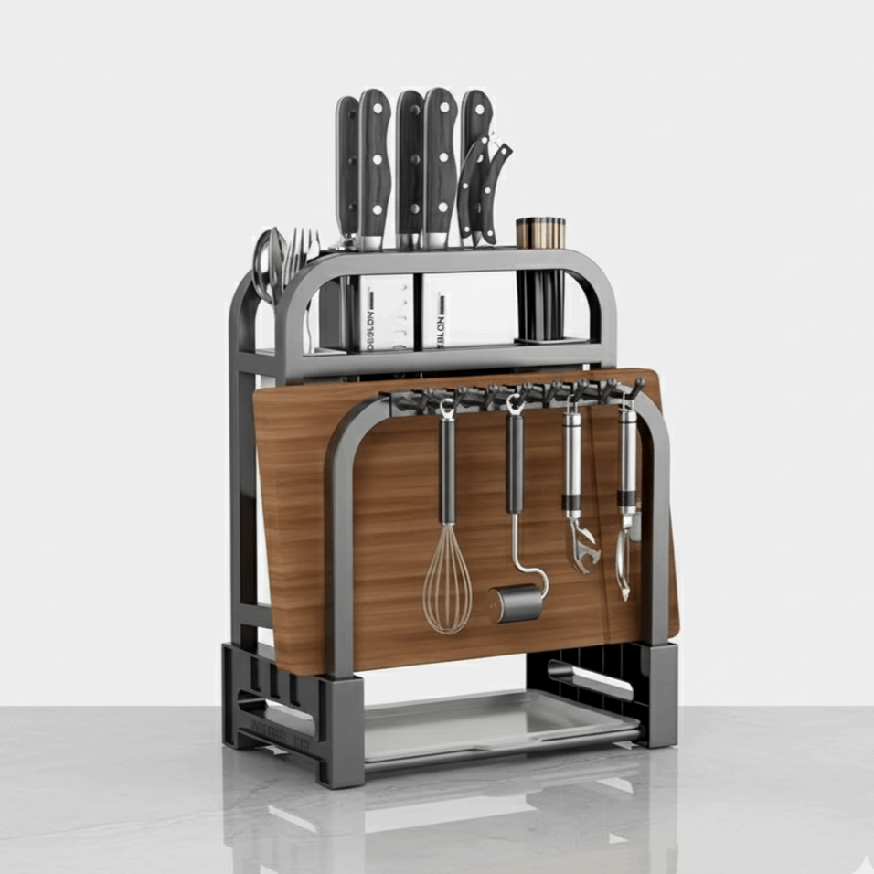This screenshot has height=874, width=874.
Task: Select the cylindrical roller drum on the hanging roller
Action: (x=517, y=604)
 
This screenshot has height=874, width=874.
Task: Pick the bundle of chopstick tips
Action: (x=540, y=232)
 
